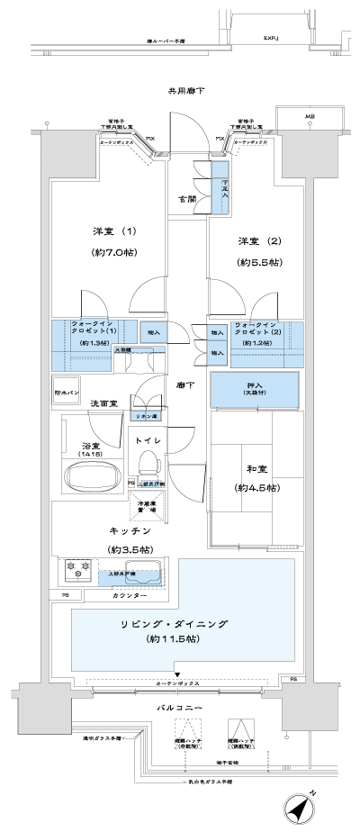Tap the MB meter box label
coord(310,117)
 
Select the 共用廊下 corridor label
coord(184,91)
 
